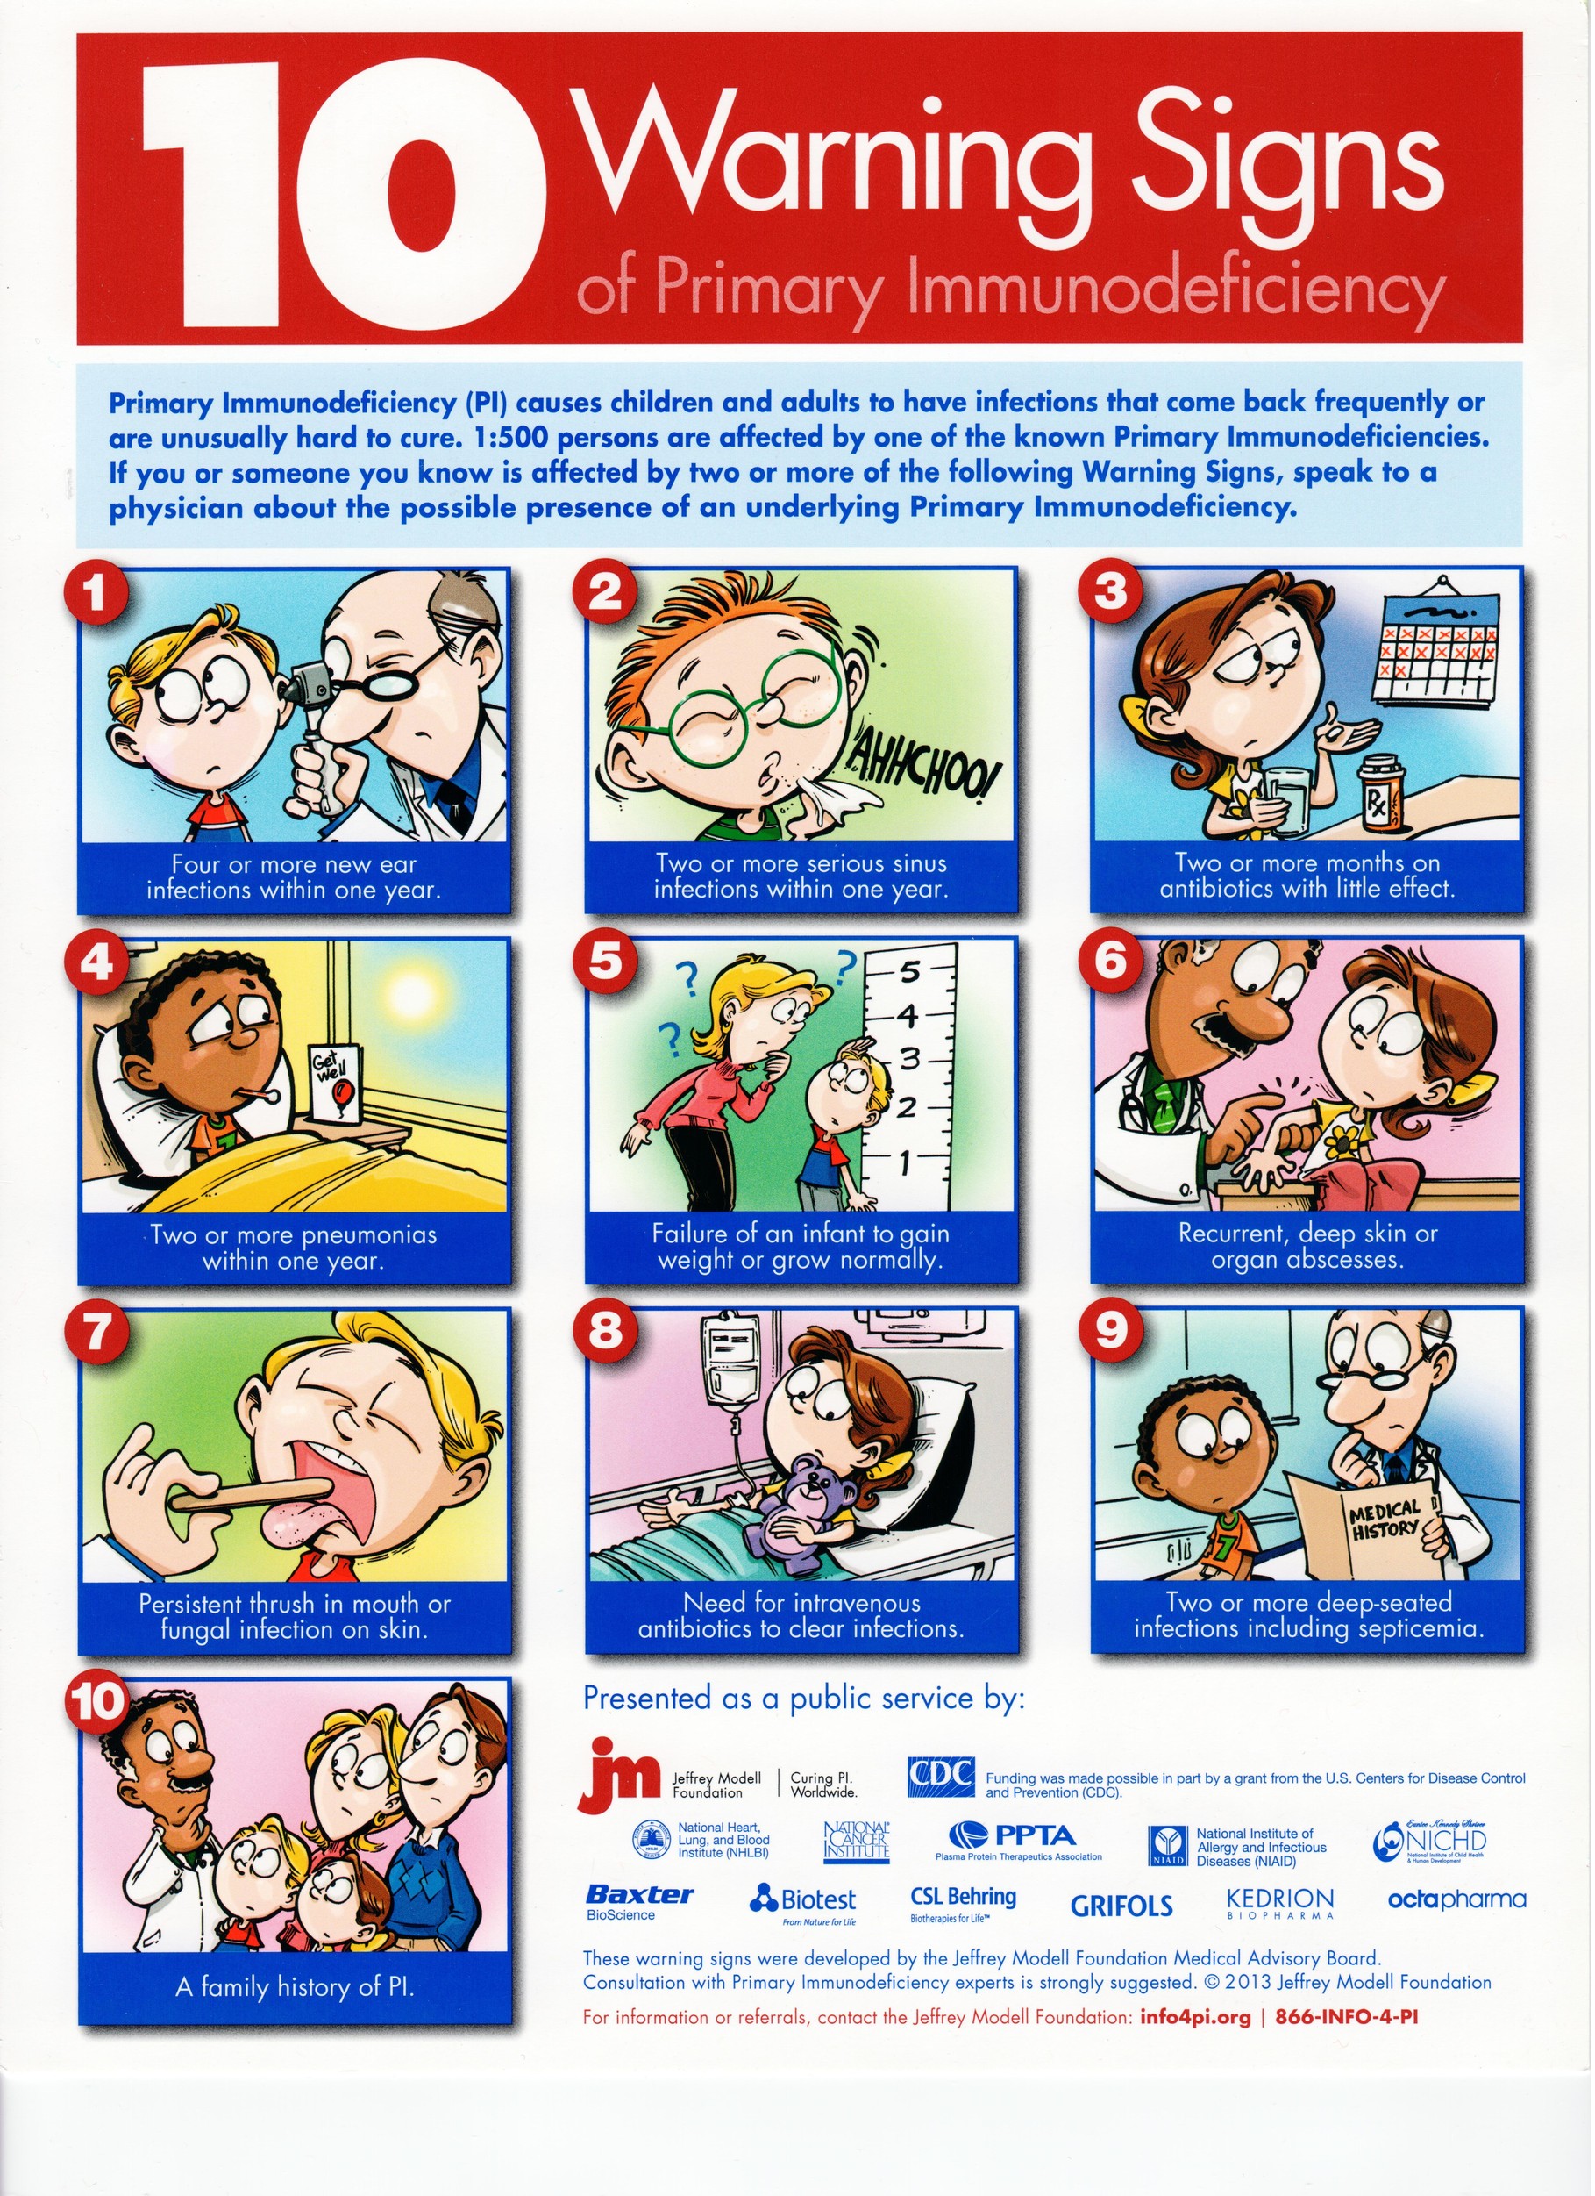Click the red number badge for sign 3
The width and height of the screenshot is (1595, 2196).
coord(1111,591)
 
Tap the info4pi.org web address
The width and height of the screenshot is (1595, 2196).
coord(1195,2018)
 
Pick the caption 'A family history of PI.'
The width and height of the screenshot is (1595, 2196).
coord(295,1988)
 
